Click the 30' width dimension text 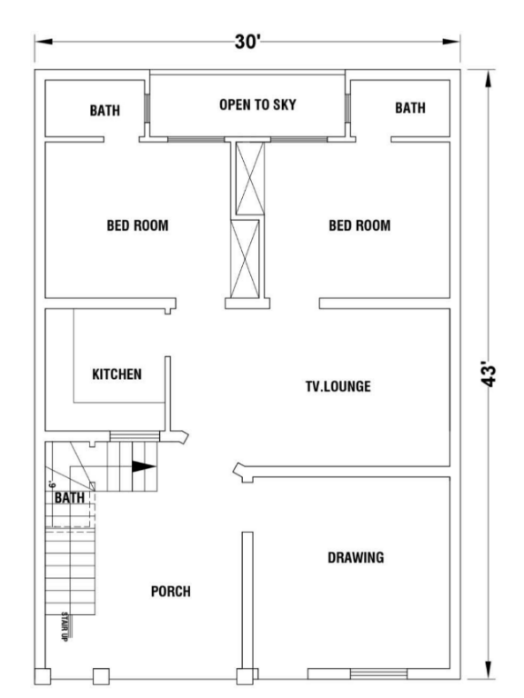coord(247,42)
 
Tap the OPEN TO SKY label coord(257,105)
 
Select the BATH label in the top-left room coord(105,110)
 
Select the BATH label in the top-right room coord(410,108)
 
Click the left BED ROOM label coord(137,225)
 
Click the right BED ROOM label coord(359,225)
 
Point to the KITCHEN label coord(116,374)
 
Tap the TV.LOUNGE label coord(338,386)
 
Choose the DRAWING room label coord(356,557)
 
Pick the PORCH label coord(171,591)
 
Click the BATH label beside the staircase coord(69,497)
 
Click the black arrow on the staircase coord(144,466)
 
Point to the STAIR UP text coord(65,626)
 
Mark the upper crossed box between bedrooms coord(250,178)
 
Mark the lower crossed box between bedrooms coord(245,259)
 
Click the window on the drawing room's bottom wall coord(378,674)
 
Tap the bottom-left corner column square coord(43,676)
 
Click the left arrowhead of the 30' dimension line coord(44,42)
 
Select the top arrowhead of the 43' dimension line coord(489,79)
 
